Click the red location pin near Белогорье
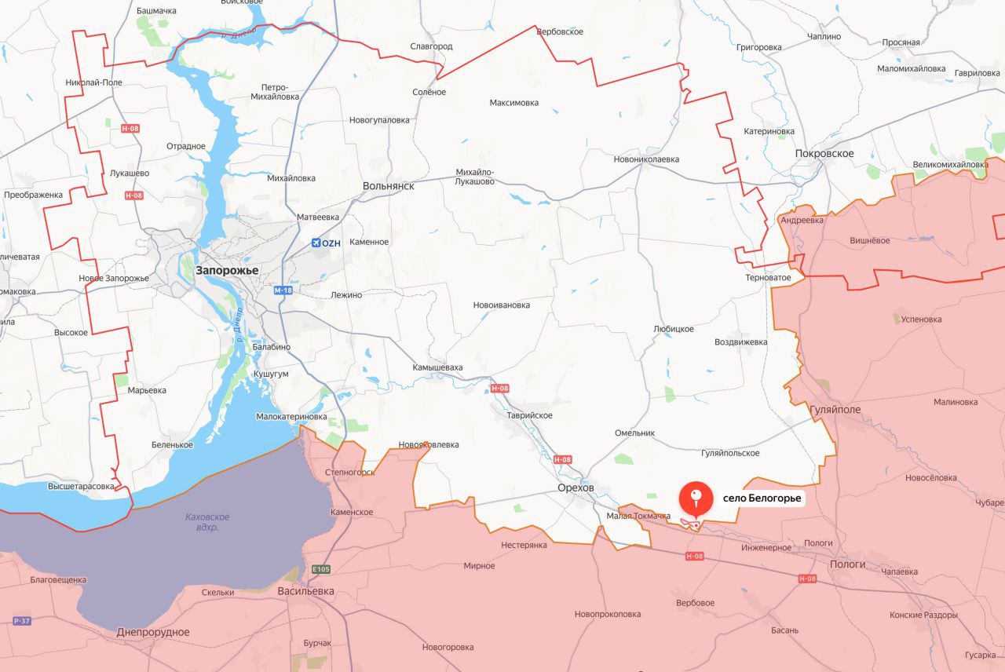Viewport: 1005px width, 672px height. pyautogui.click(x=695, y=498)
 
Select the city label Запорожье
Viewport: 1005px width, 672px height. pyautogui.click(x=228, y=270)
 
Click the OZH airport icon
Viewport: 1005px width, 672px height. pyautogui.click(x=316, y=243)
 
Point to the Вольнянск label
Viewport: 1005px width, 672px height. pyautogui.click(x=388, y=187)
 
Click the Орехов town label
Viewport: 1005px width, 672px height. pyautogui.click(x=576, y=488)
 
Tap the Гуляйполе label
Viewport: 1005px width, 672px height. pyautogui.click(x=834, y=410)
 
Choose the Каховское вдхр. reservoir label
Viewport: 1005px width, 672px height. pyautogui.click(x=207, y=522)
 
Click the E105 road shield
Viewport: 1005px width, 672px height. pyautogui.click(x=320, y=569)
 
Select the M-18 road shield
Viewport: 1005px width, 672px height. pyautogui.click(x=283, y=290)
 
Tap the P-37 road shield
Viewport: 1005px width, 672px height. pyautogui.click(x=22, y=621)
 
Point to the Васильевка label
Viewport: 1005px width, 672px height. pyautogui.click(x=305, y=591)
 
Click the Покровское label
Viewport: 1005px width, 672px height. pyautogui.click(x=824, y=154)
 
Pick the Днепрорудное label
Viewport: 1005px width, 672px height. pyautogui.click(x=153, y=632)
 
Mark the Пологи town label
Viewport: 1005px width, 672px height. pyautogui.click(x=848, y=564)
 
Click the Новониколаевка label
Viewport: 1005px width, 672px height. pyautogui.click(x=646, y=159)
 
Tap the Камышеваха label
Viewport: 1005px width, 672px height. pyautogui.click(x=438, y=367)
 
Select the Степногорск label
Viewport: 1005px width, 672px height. pyautogui.click(x=349, y=473)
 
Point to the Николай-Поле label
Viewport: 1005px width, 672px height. pyautogui.click(x=93, y=82)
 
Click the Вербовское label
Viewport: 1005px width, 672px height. pyautogui.click(x=560, y=31)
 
